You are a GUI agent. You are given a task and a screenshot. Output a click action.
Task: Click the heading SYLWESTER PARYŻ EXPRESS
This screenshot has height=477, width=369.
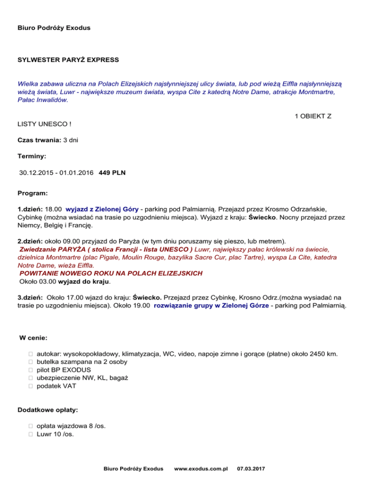click(x=68, y=60)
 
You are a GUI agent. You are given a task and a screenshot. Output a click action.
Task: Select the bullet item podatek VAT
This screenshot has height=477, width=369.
click(x=56, y=385)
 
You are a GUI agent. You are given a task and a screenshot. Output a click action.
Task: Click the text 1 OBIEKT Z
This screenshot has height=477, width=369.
click(x=312, y=116)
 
